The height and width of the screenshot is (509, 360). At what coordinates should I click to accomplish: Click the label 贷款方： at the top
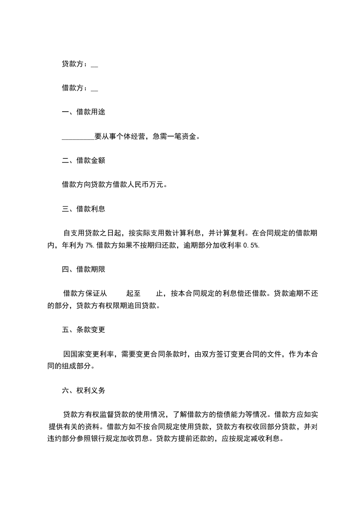pyautogui.click(x=75, y=64)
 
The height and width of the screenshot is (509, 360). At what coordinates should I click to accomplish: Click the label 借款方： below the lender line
pyautogui.click(x=75, y=88)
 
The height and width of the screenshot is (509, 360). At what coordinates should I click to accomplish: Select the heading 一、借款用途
pyautogui.click(x=84, y=112)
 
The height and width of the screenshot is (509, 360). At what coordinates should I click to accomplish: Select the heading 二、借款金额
pyautogui.click(x=84, y=161)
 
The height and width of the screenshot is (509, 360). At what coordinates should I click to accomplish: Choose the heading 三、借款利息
pyautogui.click(x=84, y=209)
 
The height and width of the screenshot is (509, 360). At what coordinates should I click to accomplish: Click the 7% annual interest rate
pyautogui.click(x=89, y=245)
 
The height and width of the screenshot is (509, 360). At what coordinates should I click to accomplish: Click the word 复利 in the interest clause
pyautogui.click(x=237, y=233)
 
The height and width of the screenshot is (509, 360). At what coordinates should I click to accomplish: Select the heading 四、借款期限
pyautogui.click(x=84, y=269)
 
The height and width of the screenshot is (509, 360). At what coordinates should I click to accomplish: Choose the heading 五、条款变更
pyautogui.click(x=84, y=330)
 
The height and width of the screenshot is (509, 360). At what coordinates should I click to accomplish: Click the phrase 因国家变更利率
pyautogui.click(x=89, y=354)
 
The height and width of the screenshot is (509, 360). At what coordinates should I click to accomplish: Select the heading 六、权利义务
pyautogui.click(x=84, y=390)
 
